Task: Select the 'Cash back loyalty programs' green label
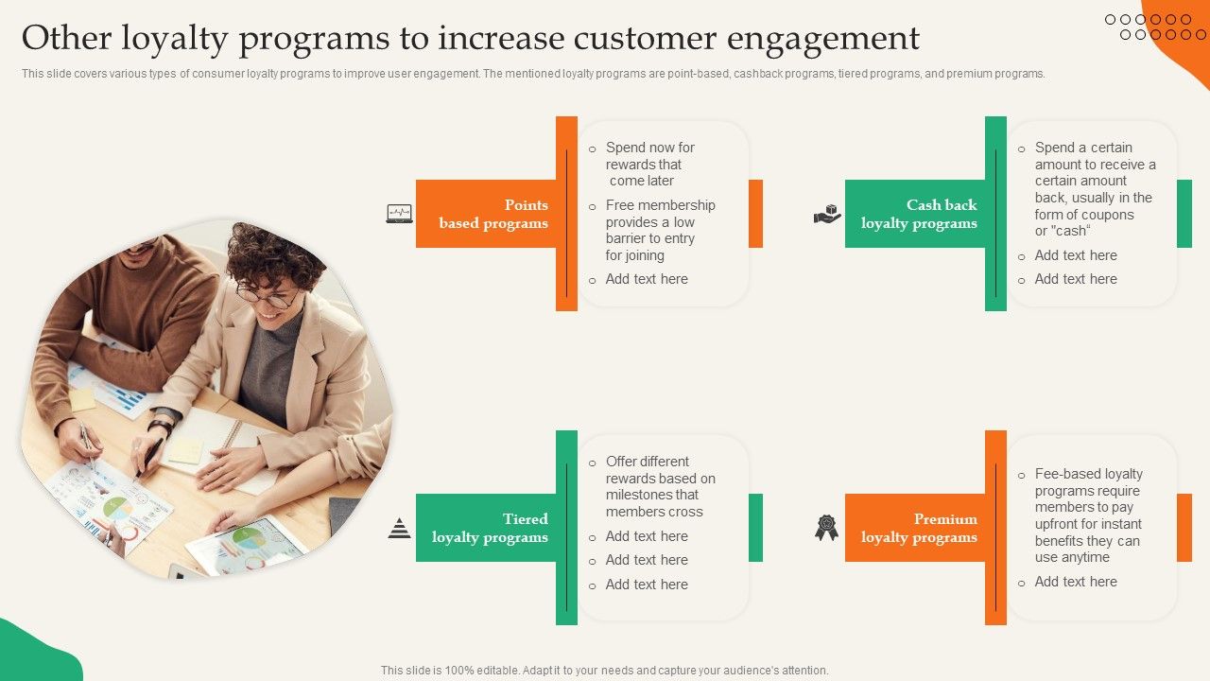coord(915,214)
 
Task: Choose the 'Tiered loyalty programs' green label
coord(486,528)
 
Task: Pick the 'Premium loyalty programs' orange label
coord(915,528)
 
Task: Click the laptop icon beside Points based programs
coord(399,214)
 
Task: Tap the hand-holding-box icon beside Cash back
coord(827,214)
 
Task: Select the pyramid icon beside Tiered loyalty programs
coord(399,529)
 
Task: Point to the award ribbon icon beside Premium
coord(827,528)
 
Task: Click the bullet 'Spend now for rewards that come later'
coord(650,164)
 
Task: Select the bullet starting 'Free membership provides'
coord(660,230)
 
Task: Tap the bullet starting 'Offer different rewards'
coord(660,486)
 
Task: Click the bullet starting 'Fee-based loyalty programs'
coord(1088,515)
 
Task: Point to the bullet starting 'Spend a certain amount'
coord(1094,189)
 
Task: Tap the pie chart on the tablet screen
coord(249,538)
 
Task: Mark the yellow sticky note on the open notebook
coord(185,450)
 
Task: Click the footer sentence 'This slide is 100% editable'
coord(604,670)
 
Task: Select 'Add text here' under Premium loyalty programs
coord(1076,582)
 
